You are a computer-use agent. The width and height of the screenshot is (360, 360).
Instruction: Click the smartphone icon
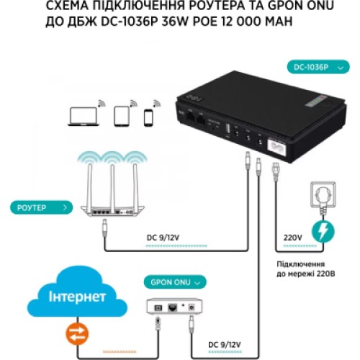[x=149, y=117]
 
